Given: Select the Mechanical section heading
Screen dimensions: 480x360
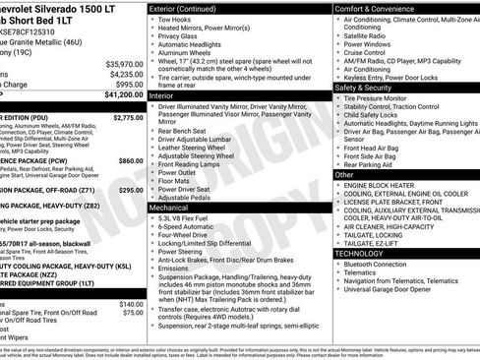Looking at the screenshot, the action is click(170, 209).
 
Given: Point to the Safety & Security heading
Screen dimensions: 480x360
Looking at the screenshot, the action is click(371, 87).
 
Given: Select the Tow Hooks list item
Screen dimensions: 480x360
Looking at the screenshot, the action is click(176, 19).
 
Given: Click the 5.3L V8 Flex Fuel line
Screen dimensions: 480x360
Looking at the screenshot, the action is click(193, 218).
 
